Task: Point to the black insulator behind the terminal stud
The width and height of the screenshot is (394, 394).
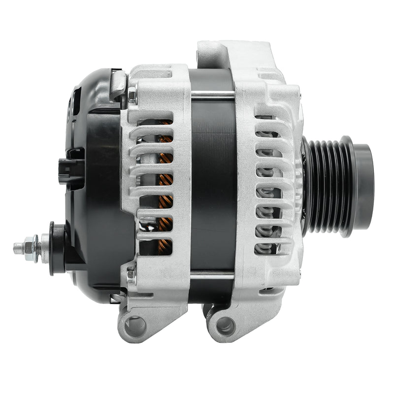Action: point(56,248)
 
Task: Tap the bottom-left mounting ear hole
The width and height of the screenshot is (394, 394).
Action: point(134,326)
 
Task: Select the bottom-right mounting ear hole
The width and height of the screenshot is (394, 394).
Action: point(225,325)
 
